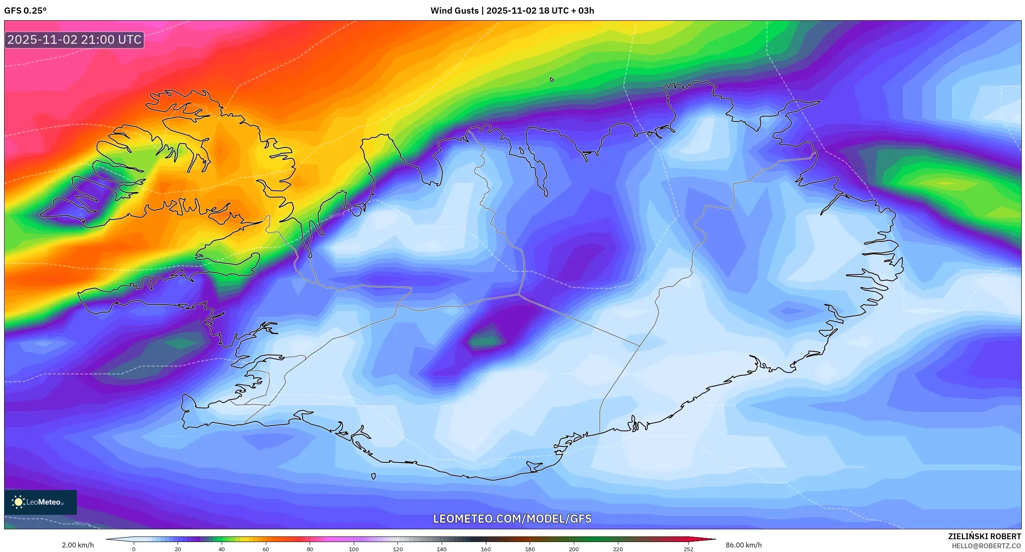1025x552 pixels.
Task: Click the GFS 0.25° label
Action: pyautogui.click(x=25, y=11)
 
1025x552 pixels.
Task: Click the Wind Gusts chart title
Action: pyautogui.click(x=512, y=11)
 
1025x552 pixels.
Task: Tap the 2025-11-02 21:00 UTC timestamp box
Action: pyautogui.click(x=74, y=40)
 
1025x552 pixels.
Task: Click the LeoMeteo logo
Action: pyautogui.click(x=40, y=502)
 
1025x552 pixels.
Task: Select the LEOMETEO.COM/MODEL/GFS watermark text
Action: pyautogui.click(x=512, y=519)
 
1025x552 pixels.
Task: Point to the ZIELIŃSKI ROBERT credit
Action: pyautogui.click(x=984, y=536)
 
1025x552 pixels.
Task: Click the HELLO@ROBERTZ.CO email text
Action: pyautogui.click(x=986, y=546)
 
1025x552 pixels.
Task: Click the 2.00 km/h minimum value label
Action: pyautogui.click(x=78, y=545)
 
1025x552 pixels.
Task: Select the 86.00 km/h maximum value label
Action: pyautogui.click(x=743, y=545)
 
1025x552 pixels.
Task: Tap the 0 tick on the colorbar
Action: pyautogui.click(x=134, y=549)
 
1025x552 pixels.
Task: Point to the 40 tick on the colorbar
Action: pyautogui.click(x=222, y=549)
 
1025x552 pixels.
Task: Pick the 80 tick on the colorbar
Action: pyautogui.click(x=310, y=549)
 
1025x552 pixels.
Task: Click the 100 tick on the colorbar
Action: pyautogui.click(x=354, y=549)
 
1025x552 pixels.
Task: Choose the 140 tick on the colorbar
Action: pyautogui.click(x=442, y=549)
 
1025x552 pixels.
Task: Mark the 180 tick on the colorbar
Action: pyautogui.click(x=530, y=549)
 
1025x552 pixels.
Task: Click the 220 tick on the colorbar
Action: pyautogui.click(x=618, y=549)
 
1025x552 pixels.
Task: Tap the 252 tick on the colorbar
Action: pyautogui.click(x=688, y=549)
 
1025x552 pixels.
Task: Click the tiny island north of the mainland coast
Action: pyautogui.click(x=552, y=80)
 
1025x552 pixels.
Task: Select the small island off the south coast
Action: pyautogui.click(x=373, y=476)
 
